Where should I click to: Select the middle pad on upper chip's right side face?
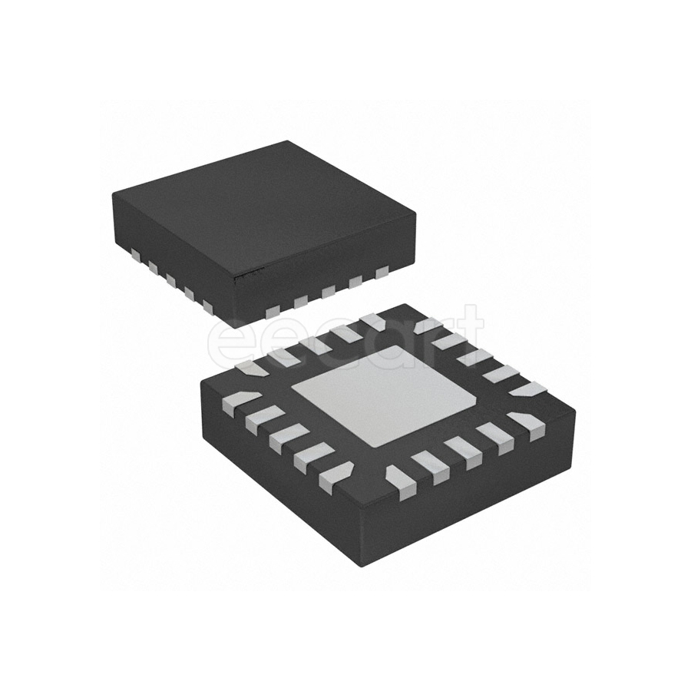click(329, 291)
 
